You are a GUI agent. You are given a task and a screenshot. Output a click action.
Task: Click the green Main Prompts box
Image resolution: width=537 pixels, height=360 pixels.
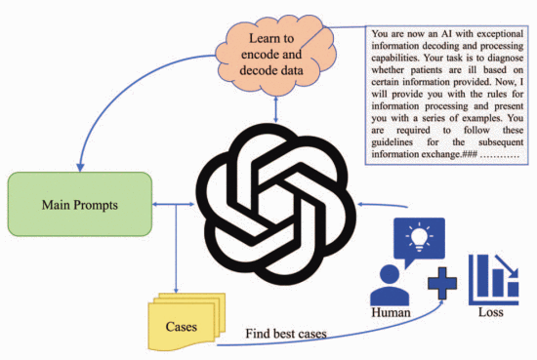coord(80,204)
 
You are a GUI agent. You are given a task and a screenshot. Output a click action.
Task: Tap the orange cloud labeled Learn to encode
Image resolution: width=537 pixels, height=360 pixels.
coord(275,55)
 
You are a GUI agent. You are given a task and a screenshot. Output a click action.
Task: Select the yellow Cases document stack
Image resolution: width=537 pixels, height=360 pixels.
coord(186,322)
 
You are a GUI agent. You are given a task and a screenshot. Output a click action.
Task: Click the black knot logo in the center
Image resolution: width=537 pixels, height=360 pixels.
coord(276,204)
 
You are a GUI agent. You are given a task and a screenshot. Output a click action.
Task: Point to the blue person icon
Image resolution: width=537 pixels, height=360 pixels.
coord(390,286)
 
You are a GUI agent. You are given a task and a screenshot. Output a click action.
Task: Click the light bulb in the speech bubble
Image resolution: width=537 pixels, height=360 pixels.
coord(419,237)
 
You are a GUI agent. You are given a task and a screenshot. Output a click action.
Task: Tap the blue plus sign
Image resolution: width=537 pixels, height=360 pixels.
coord(442,283)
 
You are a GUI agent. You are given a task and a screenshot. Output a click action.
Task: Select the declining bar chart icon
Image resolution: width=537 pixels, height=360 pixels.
coord(493,279)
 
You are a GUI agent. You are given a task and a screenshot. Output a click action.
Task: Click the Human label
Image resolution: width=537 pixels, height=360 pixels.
coord(391,312)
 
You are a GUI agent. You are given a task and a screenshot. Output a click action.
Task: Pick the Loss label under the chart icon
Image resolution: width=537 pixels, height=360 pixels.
coord(491,312)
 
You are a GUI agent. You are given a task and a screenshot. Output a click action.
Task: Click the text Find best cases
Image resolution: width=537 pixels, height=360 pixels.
coord(286,334)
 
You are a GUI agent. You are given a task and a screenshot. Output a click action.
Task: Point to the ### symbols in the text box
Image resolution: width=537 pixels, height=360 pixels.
coord(470,154)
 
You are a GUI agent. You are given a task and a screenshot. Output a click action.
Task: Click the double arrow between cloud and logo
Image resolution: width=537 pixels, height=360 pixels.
coord(276,109)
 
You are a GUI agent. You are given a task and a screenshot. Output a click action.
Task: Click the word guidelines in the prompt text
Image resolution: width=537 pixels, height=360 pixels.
coord(392,142)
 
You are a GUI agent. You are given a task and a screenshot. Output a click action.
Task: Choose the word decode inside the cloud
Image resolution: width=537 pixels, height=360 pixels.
coord(254,70)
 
